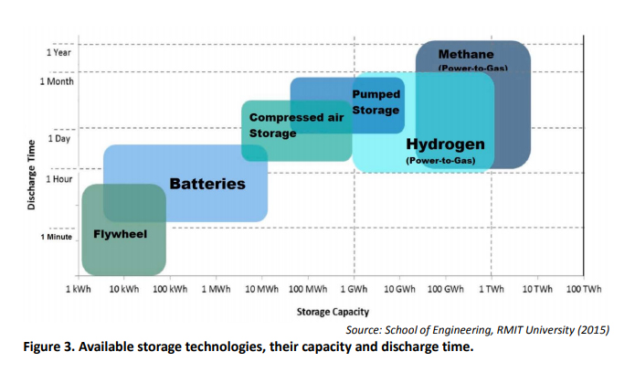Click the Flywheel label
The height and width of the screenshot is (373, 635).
point(120,234)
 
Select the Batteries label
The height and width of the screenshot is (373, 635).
point(207,184)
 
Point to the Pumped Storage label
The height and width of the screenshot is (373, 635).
point(376,102)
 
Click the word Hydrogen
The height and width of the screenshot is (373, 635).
point(445,144)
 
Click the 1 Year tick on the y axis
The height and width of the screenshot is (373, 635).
point(59,52)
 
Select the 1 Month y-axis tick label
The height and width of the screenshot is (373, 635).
point(58,80)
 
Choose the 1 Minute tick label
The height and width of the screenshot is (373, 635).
point(57,236)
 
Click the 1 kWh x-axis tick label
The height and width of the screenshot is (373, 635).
point(78,289)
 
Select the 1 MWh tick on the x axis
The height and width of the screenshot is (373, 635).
point(216,289)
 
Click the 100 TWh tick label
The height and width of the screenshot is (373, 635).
point(584,289)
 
